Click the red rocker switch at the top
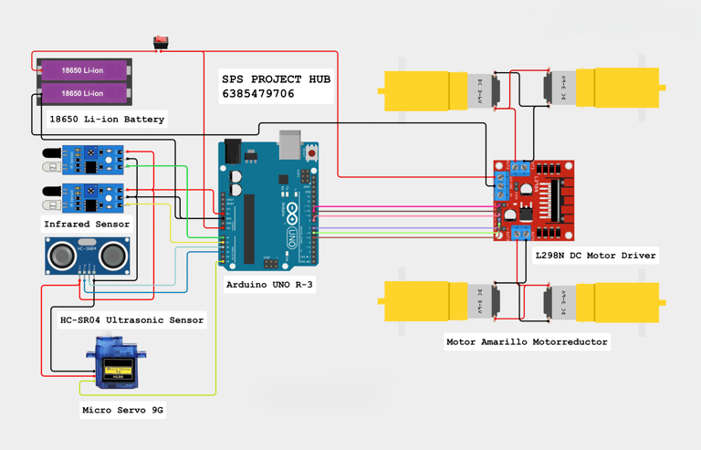coord(162,41)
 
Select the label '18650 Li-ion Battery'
coord(107,120)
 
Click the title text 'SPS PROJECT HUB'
coord(276,79)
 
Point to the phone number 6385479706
coord(258,94)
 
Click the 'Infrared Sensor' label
coord(87,224)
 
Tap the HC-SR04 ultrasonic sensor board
coord(87,255)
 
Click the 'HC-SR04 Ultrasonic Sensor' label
coord(132,320)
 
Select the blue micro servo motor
coord(115,364)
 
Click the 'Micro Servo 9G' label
coord(122,411)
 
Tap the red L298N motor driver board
coord(535,201)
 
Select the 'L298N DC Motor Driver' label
coord(595,256)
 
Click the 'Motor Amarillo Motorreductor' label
coord(527,342)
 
